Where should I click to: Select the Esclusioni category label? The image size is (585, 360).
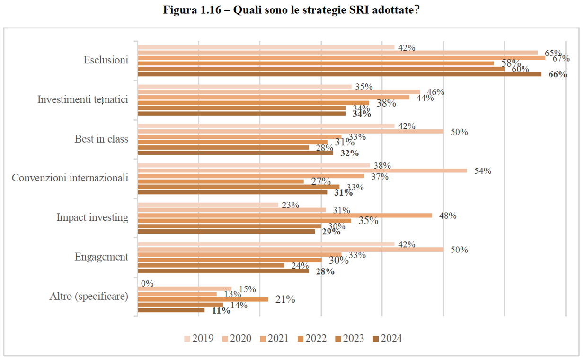106,60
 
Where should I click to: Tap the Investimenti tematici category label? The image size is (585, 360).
83,99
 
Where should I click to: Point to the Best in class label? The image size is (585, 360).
101,139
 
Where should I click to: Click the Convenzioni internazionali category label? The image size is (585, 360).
70,178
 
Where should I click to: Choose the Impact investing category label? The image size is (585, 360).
92,217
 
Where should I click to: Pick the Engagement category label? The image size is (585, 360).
101,257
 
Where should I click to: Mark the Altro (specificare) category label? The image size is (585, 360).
89,296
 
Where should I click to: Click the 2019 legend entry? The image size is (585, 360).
199,339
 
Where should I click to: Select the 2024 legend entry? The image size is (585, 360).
387,339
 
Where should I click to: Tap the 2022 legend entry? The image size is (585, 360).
312,339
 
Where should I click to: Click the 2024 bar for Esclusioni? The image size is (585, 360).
340,74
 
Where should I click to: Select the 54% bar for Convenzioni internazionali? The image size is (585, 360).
302,171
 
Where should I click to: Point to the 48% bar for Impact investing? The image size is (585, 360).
285,216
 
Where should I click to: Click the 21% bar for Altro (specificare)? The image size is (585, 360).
203,299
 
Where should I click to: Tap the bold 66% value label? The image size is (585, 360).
558,74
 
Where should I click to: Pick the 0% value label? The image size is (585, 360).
147,283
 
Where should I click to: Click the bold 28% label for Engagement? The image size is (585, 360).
325,271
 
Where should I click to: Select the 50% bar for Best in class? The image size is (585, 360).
291,131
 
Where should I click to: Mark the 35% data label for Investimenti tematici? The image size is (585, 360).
364,87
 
